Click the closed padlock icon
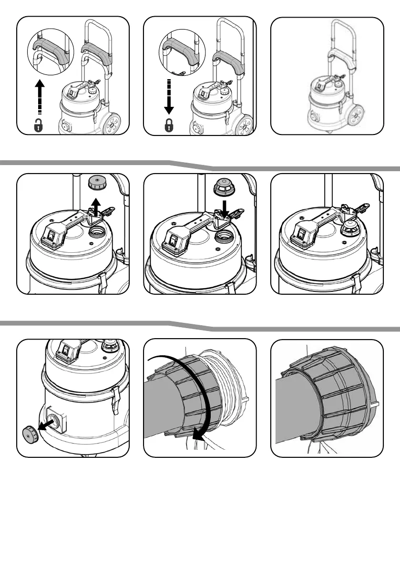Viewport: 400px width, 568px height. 169,126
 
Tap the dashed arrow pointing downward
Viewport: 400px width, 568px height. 168,95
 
